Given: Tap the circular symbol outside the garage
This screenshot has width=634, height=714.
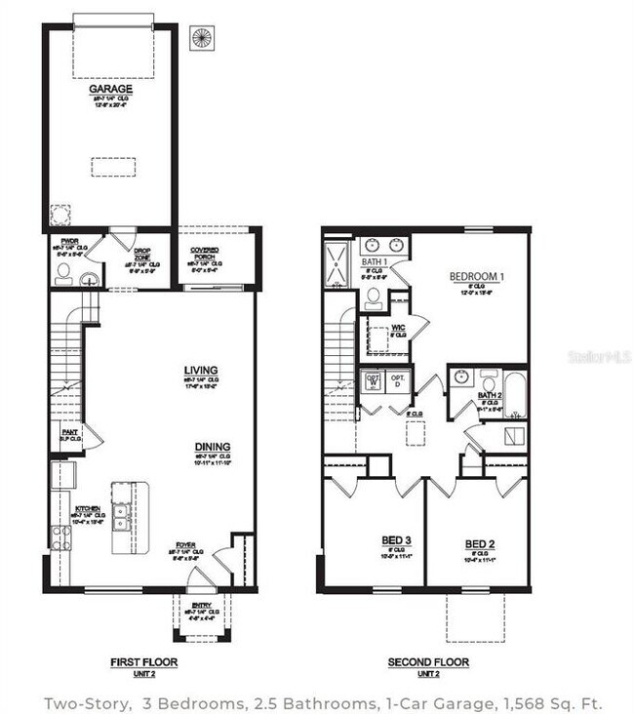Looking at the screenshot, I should pos(202,39).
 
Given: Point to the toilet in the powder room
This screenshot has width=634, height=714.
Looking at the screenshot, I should pos(63,272).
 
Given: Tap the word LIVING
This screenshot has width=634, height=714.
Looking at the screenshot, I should pos(200,370).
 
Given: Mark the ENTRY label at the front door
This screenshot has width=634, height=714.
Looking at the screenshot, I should pos(201,606).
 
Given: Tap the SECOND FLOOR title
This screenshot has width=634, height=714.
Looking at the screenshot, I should pos(427,662).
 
